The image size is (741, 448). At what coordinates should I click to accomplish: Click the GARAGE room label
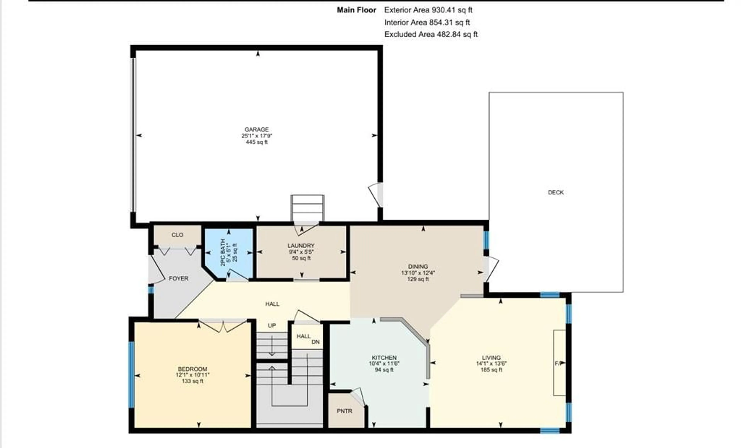[x=256, y=129]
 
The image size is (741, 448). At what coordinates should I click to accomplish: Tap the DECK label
[x=556, y=192]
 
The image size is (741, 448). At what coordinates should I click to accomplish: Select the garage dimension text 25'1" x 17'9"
[x=256, y=136]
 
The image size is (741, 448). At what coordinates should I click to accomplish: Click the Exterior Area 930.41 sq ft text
[x=428, y=10]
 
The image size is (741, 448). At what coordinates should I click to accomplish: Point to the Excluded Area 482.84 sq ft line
[x=431, y=34]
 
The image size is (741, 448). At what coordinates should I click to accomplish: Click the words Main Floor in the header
[x=356, y=10]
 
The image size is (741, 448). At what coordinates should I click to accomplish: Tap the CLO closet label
[x=177, y=235]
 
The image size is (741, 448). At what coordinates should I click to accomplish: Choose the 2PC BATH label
[x=223, y=252]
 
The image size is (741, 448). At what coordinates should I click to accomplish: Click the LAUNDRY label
[x=301, y=246]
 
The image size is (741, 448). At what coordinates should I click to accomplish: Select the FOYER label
[x=179, y=278]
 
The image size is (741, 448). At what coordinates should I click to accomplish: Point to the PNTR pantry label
[x=344, y=411]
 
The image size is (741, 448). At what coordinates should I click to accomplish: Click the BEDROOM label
[x=192, y=369]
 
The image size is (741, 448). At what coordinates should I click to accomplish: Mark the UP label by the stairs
[x=272, y=325]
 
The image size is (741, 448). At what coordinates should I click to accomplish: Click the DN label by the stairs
[x=316, y=342]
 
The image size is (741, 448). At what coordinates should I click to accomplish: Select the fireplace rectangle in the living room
[x=560, y=363]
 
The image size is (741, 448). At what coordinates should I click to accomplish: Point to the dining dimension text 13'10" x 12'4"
[x=418, y=273]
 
